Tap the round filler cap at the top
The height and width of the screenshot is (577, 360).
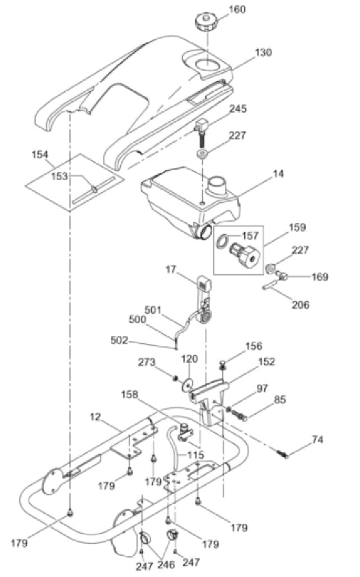[205, 23]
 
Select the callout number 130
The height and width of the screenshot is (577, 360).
[263, 53]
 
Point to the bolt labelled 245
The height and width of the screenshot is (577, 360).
[202, 131]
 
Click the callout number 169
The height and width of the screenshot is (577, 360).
[320, 276]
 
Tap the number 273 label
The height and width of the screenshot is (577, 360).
[147, 363]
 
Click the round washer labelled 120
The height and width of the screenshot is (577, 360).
[188, 384]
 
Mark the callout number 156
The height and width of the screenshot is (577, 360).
[253, 346]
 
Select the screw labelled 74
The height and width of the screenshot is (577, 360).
[283, 454]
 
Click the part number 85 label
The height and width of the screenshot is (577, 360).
[279, 400]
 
